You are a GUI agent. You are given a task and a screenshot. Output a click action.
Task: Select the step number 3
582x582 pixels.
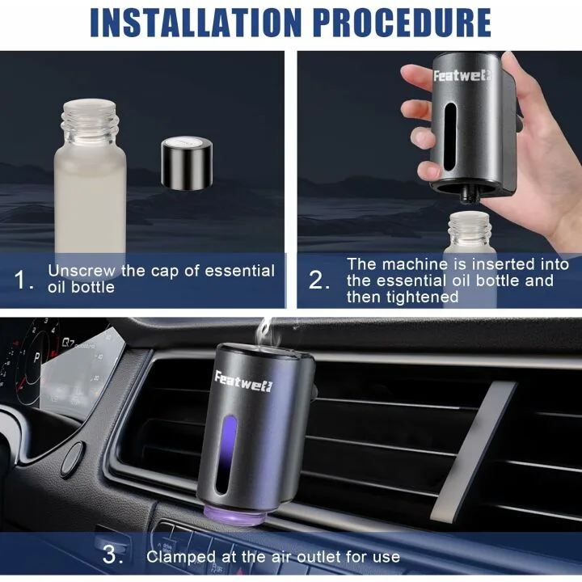(x=112, y=556)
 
